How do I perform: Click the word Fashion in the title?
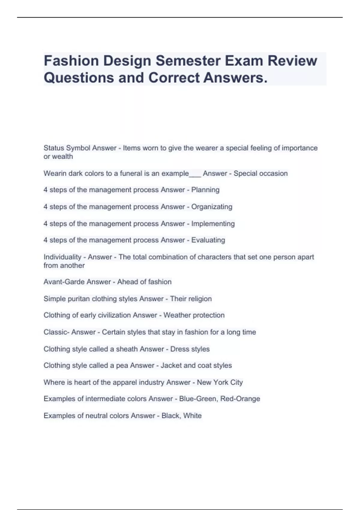[71, 61]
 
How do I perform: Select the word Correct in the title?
[174, 78]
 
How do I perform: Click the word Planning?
[205, 190]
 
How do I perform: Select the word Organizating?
[211, 207]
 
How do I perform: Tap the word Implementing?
[213, 223]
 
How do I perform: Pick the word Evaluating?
[208, 240]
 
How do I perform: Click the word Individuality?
[62, 257]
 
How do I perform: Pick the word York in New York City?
[220, 382]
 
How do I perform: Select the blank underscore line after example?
[195, 176]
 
